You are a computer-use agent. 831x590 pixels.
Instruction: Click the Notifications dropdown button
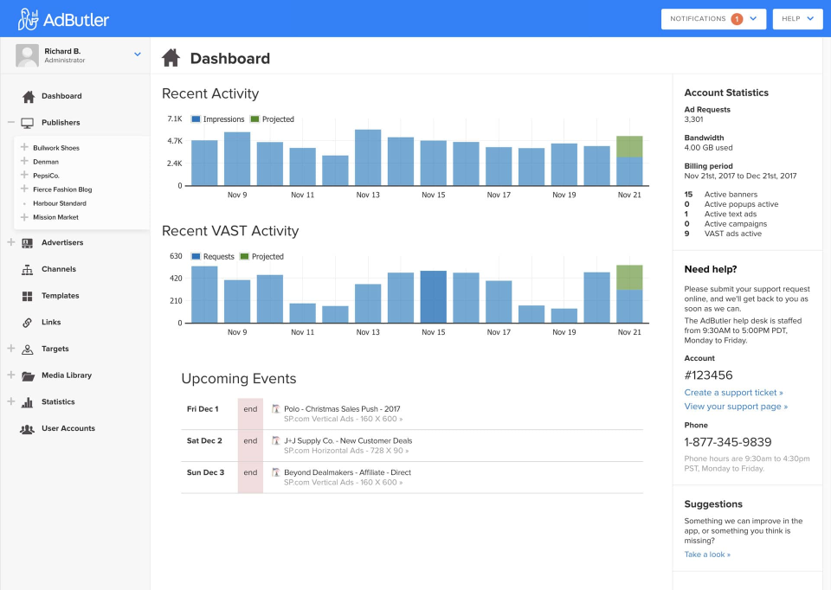713,19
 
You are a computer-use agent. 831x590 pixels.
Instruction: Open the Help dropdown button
797,19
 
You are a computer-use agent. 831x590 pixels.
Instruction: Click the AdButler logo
63,19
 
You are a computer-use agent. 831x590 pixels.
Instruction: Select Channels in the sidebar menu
59,269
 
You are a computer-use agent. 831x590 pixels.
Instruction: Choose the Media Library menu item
66,375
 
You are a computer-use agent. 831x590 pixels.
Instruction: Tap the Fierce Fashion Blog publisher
61,189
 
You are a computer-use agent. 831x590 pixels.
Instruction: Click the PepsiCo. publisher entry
47,176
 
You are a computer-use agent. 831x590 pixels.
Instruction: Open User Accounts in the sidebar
68,428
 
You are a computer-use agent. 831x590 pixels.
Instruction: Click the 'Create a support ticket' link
733,393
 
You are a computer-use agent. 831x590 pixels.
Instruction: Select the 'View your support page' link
736,407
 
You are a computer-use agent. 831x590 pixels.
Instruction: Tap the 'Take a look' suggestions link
707,555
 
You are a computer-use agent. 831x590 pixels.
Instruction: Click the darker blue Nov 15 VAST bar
433,297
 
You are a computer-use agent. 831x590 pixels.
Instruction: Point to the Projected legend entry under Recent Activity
272,119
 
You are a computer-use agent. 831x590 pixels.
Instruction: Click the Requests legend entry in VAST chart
212,257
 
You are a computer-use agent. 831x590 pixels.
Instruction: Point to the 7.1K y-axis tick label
174,119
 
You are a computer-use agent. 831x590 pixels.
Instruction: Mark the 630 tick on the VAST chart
176,256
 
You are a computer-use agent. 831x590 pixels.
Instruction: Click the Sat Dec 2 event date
204,441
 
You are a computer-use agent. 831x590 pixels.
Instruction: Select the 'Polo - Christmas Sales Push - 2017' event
342,409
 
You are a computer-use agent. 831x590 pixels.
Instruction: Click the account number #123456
708,375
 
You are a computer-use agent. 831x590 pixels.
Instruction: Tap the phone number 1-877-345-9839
727,442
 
